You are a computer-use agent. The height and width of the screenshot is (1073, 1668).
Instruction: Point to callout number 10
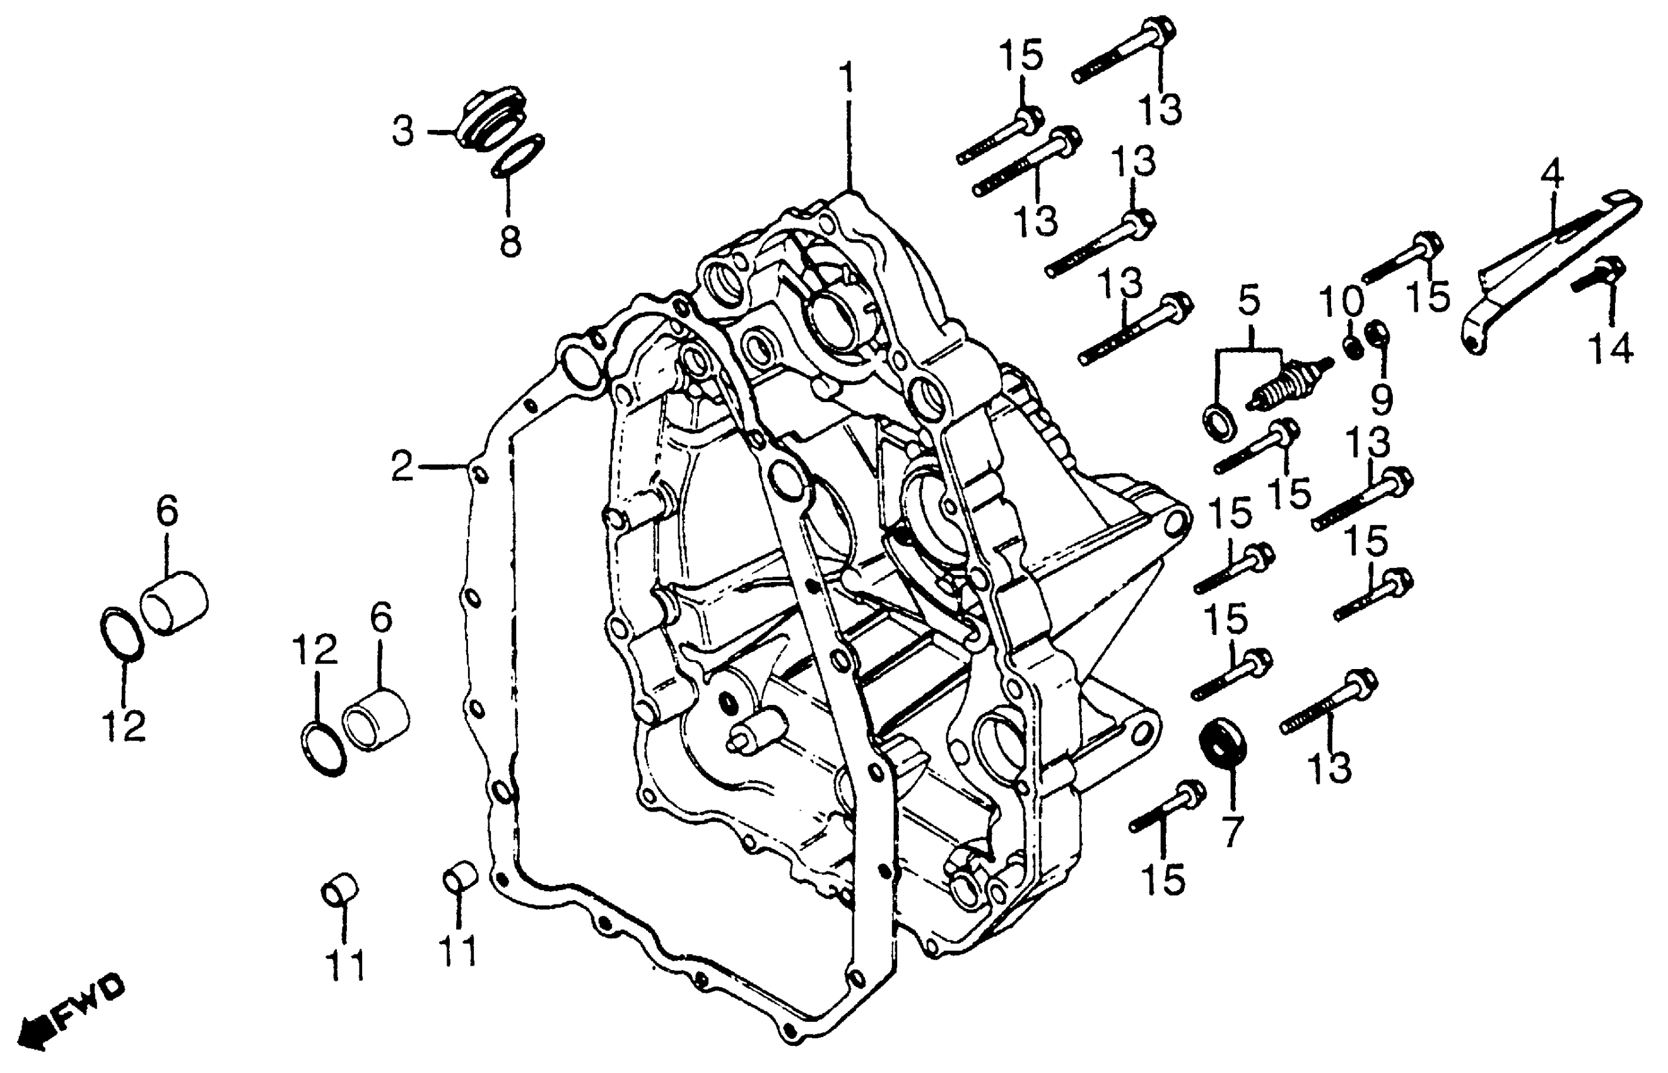point(1341,301)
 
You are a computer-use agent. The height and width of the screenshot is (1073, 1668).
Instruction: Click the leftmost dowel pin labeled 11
point(339,890)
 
